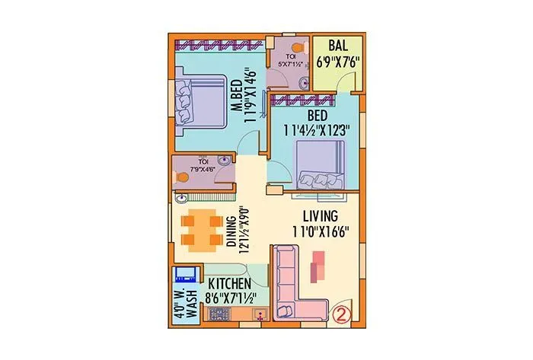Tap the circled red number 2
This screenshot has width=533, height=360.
[x=343, y=312]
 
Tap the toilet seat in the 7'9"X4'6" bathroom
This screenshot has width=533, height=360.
[x=183, y=174]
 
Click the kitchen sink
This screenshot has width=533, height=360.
[x=260, y=312]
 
